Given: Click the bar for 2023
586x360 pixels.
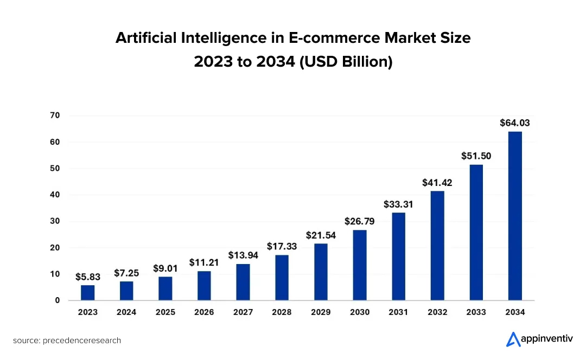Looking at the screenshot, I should [88, 293].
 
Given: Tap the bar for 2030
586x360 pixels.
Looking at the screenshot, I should [360, 265].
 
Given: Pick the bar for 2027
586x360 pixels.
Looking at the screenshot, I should [243, 282].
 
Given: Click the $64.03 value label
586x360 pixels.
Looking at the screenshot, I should [515, 123].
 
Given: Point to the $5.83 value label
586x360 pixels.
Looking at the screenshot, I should [88, 277].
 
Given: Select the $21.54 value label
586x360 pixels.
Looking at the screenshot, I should [321, 235].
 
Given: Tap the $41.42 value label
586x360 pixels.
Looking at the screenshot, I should [437, 183].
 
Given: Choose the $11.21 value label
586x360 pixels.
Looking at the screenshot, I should [204, 262].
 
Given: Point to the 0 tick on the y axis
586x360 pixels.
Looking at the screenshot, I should [58, 300].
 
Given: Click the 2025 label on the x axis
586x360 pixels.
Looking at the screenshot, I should [165, 312].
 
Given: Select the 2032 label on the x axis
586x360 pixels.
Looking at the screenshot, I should [437, 312].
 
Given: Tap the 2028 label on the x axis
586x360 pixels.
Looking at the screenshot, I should [282, 312].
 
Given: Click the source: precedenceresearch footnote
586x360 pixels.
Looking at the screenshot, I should [67, 340].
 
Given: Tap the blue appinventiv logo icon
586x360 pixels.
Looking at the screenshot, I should [513, 339].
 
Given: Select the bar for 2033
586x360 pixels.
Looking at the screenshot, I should [476, 233].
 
